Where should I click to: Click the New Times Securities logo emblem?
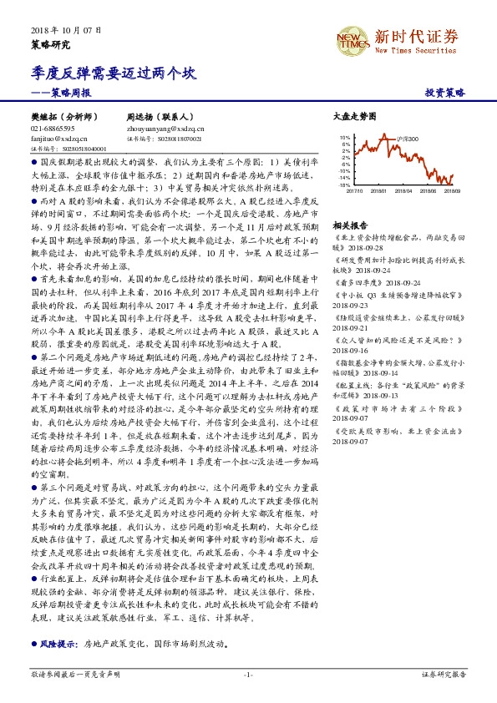coord(352,37)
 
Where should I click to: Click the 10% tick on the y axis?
coord(344,135)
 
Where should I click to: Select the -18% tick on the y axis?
coord(343,185)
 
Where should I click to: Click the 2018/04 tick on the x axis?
coord(407,191)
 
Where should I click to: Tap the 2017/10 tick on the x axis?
coord(354,191)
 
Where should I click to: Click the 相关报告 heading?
coord(350,225)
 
